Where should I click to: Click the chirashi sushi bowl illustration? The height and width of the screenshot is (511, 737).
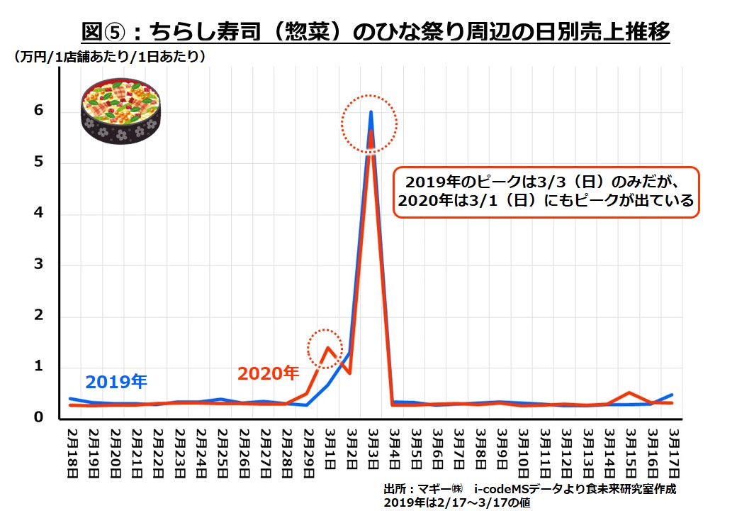[x=121, y=110]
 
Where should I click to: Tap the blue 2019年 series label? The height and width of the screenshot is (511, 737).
[x=116, y=382]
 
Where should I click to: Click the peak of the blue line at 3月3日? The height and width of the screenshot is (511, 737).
[x=370, y=112]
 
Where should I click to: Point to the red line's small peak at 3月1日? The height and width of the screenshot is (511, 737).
[x=327, y=347]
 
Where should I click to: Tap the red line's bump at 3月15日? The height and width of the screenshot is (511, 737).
[x=629, y=392]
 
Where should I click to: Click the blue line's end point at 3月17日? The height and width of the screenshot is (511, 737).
[x=671, y=395]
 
